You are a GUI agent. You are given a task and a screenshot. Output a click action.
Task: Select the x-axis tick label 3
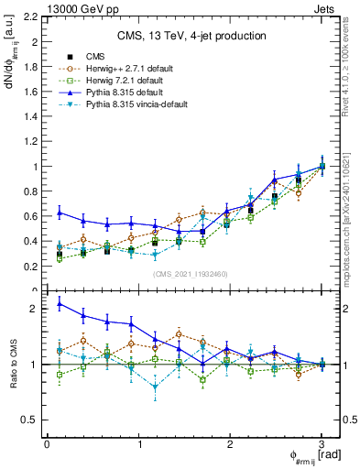322,444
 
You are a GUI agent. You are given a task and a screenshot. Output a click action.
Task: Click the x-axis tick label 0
47,444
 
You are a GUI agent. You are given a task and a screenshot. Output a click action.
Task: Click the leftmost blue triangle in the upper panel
60,213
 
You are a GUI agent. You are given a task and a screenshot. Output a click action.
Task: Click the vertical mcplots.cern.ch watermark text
351,211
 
